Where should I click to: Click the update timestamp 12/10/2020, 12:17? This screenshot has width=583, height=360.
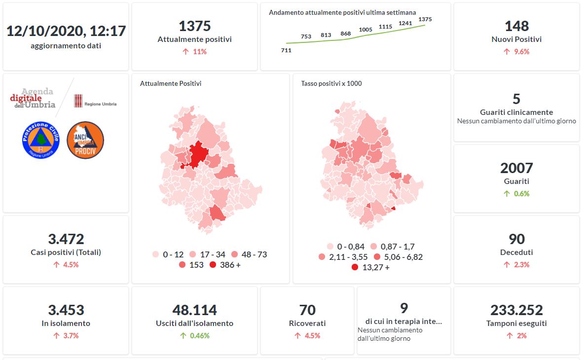[66, 31]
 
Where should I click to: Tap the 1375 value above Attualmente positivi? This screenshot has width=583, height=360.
[194, 26]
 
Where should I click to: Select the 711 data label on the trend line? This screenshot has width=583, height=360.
[286, 50]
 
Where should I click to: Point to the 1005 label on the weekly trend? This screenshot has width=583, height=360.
[365, 30]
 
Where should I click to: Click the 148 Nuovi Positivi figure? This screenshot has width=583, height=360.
[516, 26]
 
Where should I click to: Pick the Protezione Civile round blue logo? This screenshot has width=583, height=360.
[41, 140]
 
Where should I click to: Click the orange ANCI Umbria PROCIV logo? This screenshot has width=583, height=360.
[85, 140]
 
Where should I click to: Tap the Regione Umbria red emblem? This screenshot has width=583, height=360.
[78, 101]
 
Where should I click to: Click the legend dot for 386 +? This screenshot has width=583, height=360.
[213, 265]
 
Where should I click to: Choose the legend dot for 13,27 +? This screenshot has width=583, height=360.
[355, 268]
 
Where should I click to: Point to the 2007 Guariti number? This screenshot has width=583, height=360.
[516, 168]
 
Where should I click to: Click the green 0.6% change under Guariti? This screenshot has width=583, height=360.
[516, 194]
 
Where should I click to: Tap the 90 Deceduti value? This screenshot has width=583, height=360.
[516, 239]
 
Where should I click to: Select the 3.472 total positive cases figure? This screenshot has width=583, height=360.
[66, 239]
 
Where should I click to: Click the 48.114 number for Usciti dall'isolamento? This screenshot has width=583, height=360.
[194, 310]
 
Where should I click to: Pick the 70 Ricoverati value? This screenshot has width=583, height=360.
[307, 310]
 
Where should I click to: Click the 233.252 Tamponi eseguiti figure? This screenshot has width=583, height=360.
[516, 310]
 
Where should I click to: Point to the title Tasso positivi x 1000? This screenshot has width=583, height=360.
[331, 84]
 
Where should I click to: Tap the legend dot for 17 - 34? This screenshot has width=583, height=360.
[193, 254]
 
